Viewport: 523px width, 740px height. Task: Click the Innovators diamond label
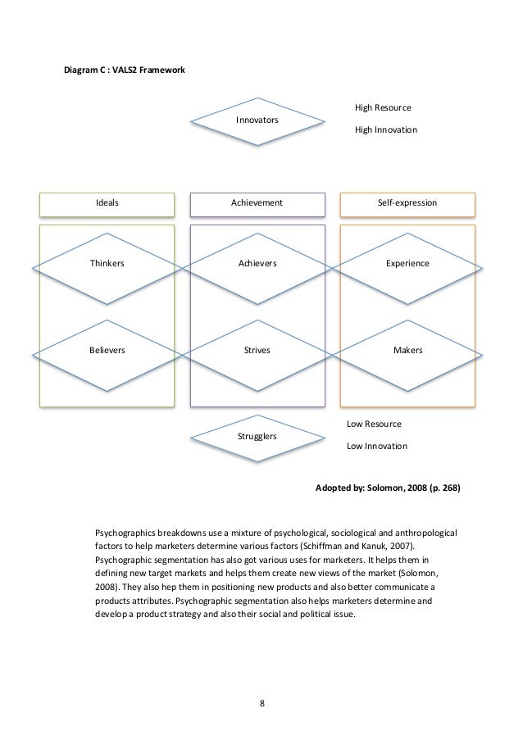[257, 120]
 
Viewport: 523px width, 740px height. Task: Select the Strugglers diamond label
[257, 436]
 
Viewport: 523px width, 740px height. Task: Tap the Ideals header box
[107, 202]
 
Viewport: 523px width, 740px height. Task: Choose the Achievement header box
[257, 202]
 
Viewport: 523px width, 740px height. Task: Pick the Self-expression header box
[407, 202]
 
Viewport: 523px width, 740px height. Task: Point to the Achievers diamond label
[257, 264]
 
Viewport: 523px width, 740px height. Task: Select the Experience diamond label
[407, 264]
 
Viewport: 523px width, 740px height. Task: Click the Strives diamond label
[257, 350]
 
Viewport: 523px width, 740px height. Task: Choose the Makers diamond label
[407, 350]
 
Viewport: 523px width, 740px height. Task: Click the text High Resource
[383, 108]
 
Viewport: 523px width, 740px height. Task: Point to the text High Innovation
[385, 130]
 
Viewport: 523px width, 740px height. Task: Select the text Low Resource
[374, 425]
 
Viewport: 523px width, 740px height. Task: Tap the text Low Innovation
[376, 447]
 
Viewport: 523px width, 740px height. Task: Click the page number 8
[262, 703]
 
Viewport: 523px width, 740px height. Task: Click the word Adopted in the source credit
[334, 487]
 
